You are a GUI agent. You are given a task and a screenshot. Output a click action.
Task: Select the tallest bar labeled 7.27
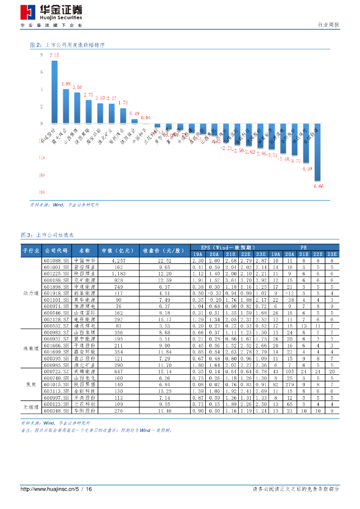tap(54, 92)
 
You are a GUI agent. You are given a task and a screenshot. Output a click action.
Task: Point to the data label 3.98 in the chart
tap(66, 84)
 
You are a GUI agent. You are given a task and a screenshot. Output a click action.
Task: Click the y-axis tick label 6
tap(42, 73)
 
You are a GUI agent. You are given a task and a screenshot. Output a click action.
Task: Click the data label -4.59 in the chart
tap(306, 169)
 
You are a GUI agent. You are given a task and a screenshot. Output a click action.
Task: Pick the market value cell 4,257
tap(119, 260)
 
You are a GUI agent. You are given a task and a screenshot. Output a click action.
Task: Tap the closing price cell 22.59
tap(165, 280)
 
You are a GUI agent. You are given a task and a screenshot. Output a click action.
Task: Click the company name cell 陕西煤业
tap(85, 274)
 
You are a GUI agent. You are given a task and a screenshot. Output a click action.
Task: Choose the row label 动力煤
tap(31, 294)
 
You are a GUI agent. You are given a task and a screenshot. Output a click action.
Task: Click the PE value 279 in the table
tap(289, 384)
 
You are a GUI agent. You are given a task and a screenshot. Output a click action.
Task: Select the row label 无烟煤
tap(31, 407)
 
